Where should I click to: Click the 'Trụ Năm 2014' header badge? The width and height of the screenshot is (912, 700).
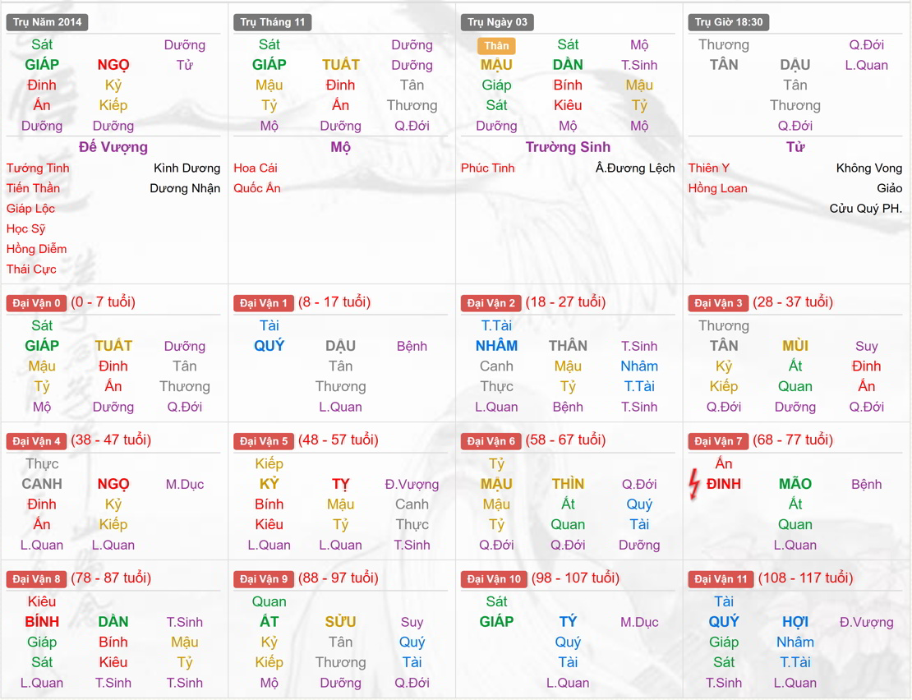[x=48, y=22]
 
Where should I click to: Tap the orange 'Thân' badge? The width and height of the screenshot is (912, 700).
[x=496, y=46]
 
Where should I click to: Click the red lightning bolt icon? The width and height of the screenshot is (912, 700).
[x=695, y=485]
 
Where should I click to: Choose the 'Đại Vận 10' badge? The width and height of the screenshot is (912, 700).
[x=495, y=579]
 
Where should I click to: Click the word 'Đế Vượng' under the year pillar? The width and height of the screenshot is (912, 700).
[x=113, y=147]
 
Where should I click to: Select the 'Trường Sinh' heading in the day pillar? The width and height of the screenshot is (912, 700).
[x=568, y=147]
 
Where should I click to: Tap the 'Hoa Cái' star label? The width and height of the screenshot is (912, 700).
[x=256, y=168]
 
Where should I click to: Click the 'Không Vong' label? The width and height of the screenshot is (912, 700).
[x=869, y=168]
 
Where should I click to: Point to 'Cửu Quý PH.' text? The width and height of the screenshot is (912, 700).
[x=866, y=209]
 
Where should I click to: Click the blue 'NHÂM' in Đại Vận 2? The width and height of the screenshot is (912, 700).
[x=496, y=346]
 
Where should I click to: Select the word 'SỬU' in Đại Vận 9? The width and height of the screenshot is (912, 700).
[x=340, y=622]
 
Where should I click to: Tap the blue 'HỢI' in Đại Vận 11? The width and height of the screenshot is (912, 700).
[x=795, y=622]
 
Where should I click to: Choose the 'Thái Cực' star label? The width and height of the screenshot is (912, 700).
[x=31, y=269]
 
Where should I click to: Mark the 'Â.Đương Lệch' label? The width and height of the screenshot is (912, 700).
[x=635, y=168]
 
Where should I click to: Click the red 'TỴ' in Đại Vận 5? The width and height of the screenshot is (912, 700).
[x=340, y=484]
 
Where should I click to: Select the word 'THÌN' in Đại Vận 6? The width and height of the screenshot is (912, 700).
[x=568, y=484]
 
